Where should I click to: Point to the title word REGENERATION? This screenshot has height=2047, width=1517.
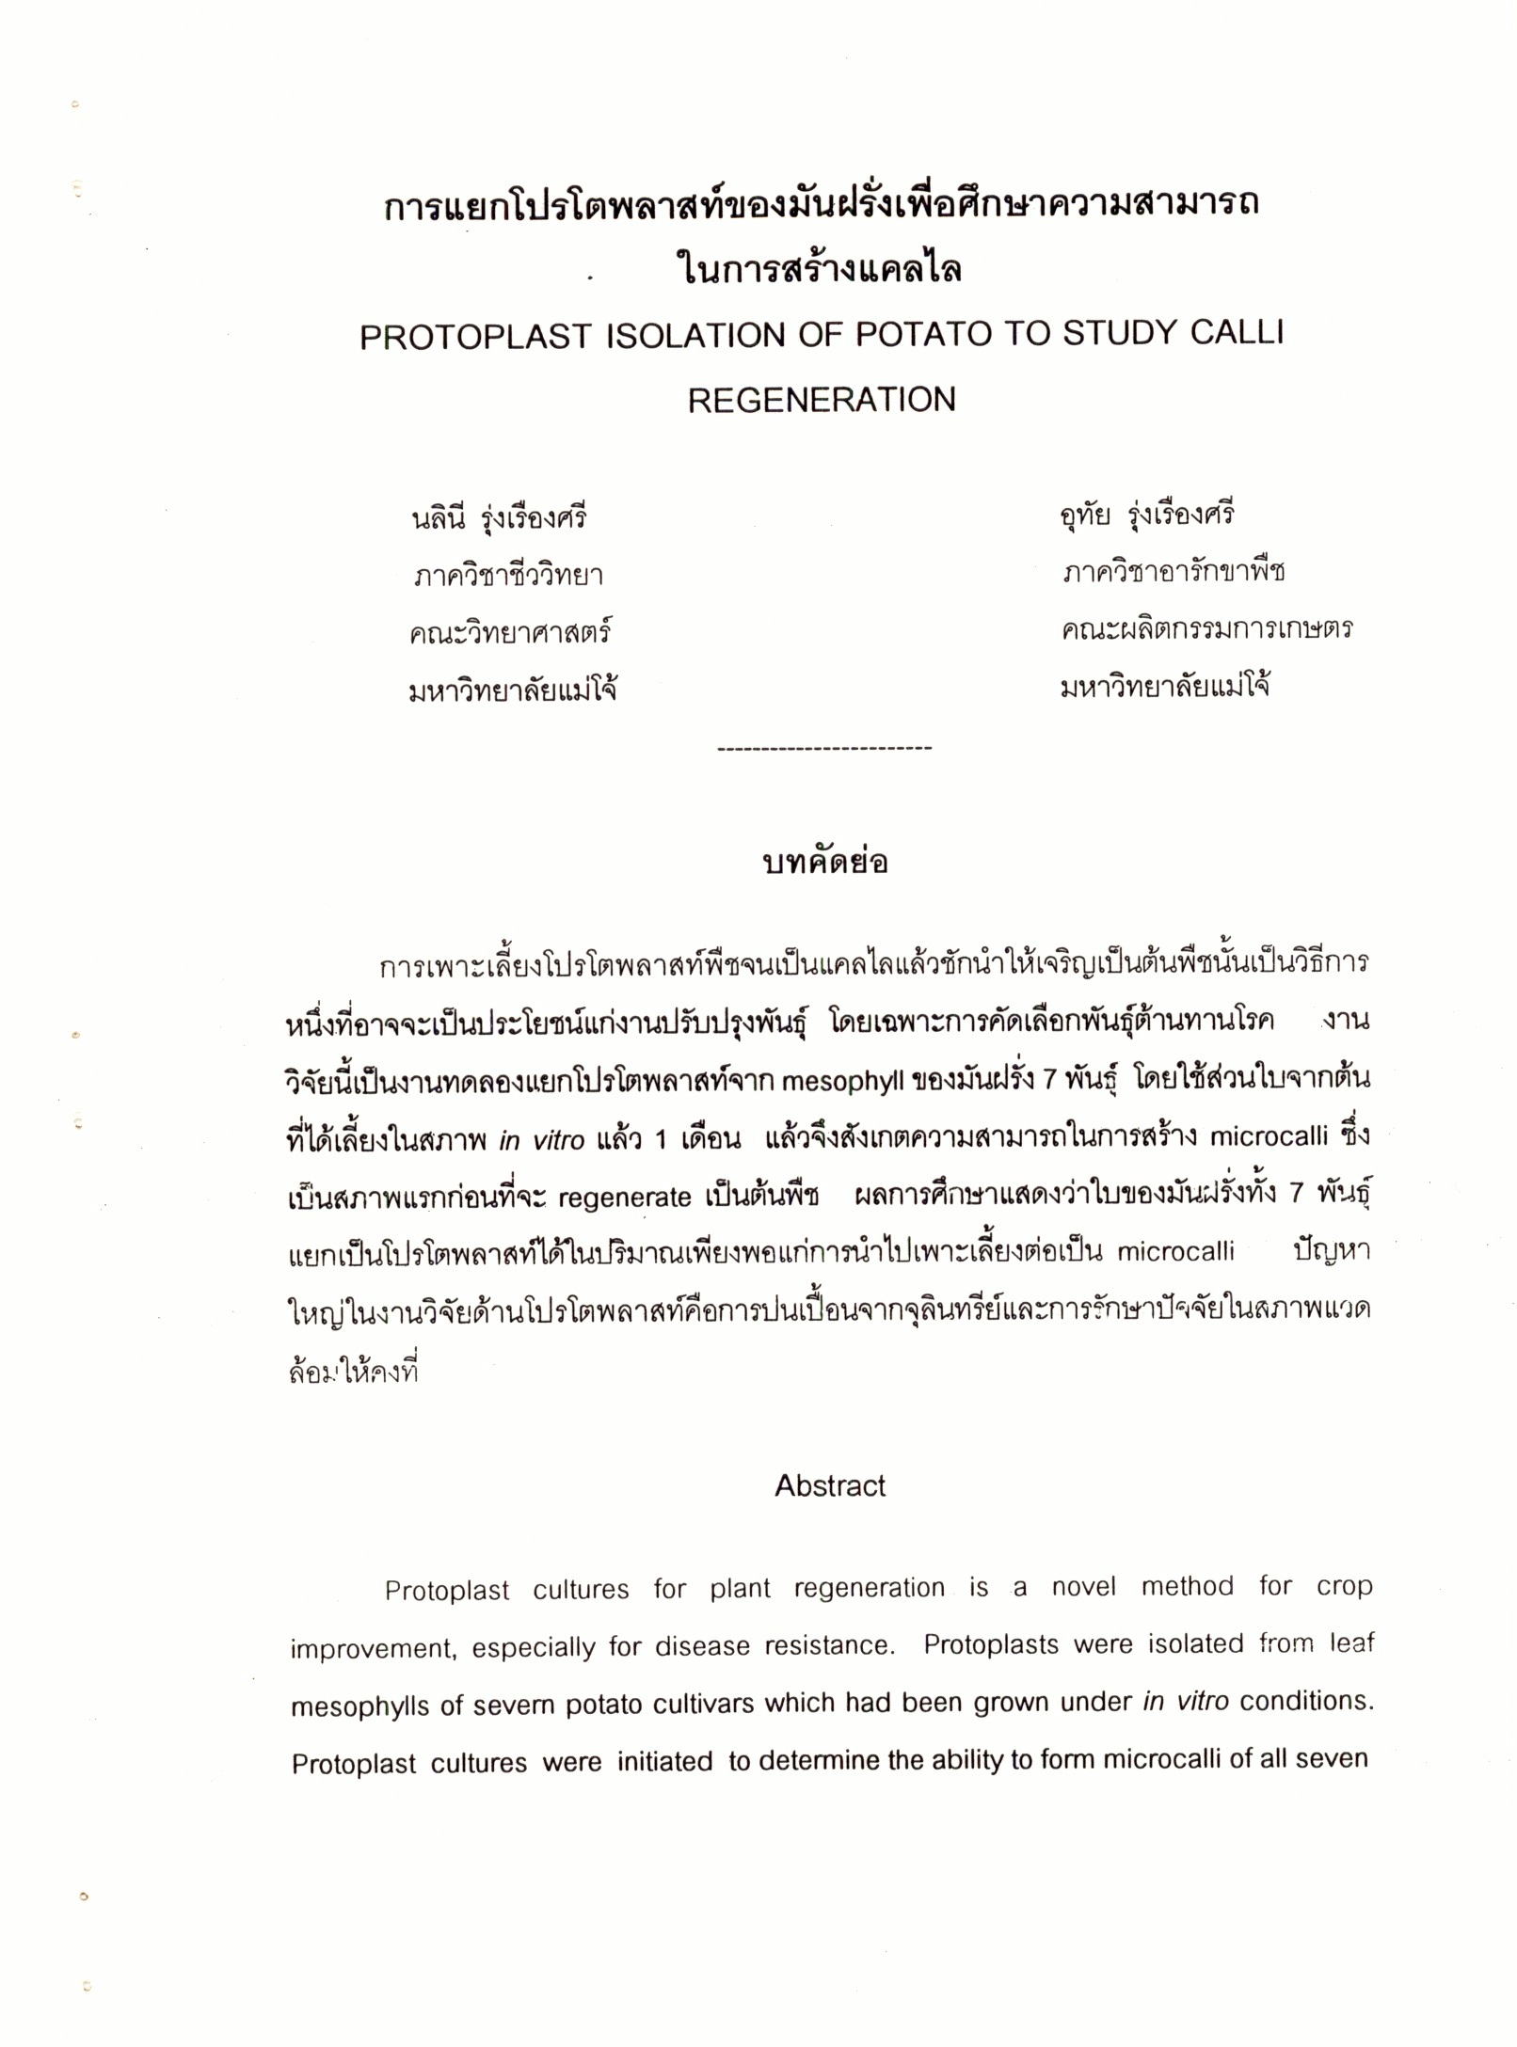coord(821,400)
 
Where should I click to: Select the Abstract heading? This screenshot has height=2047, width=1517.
coord(830,1485)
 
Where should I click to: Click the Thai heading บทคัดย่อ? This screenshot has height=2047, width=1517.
coord(825,862)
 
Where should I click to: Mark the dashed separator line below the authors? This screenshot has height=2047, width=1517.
coord(824,749)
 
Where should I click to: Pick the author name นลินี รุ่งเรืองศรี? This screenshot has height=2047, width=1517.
coord(499,517)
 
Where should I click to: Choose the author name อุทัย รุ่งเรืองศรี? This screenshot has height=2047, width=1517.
coord(1145,515)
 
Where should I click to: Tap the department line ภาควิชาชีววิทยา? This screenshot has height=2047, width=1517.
coord(508,575)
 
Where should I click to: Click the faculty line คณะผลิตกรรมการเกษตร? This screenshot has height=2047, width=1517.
coord(1206,628)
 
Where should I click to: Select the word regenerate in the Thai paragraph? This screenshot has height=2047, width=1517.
coord(625,1198)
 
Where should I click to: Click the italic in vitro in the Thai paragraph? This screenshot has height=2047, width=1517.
coord(541,1140)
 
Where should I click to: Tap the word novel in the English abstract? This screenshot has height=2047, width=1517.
coord(1083,1587)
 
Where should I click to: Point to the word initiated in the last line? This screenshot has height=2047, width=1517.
coord(664,1761)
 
